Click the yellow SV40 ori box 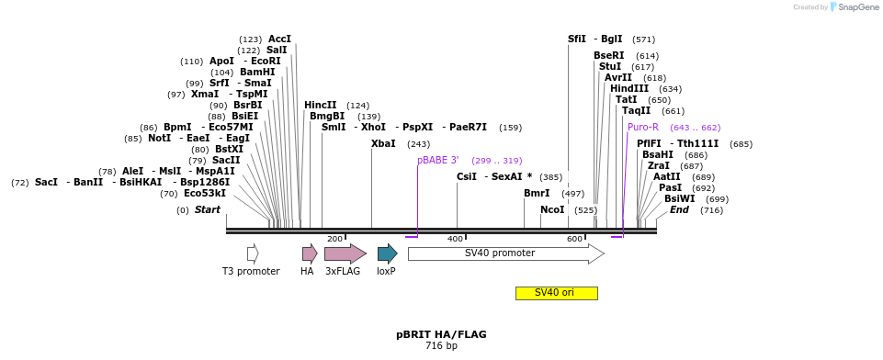click(556, 293)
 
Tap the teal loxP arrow click(387, 253)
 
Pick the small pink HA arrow click(310, 253)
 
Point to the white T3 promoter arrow click(253, 253)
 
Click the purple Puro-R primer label click(643, 128)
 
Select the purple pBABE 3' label click(438, 160)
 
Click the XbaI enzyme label click(383, 144)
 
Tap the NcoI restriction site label click(552, 210)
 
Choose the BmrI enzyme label click(537, 194)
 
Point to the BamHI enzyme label click(256, 73)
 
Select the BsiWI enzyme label click(680, 199)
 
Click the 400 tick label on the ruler click(456, 239)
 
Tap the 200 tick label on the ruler click(334, 239)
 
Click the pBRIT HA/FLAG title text click(441, 334)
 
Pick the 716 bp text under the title click(441, 346)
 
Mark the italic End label click(679, 210)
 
